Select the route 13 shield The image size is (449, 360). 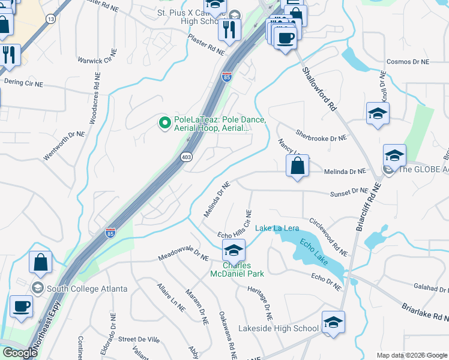click(51, 19)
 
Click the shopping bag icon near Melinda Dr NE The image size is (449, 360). click(298, 166)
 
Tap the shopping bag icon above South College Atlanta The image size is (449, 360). click(40, 262)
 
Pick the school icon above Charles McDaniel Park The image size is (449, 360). click(234, 250)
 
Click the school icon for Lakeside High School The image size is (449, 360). click(333, 323)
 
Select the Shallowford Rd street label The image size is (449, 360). click(319, 88)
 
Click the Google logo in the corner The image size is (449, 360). click(20, 353)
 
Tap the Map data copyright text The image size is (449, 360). click(412, 355)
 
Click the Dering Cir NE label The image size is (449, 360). click(24, 82)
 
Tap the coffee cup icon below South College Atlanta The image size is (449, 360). click(21, 306)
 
